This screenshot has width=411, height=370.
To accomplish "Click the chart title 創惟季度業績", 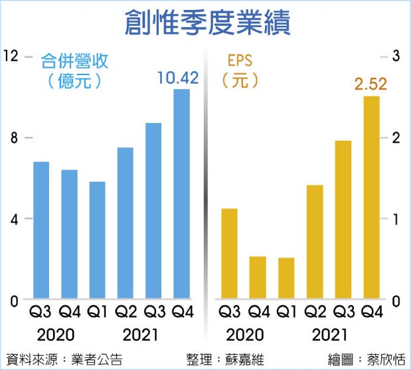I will [x=206, y=22].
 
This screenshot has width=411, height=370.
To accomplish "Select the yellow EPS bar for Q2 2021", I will [x=315, y=242].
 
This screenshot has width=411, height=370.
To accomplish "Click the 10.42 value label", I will [x=178, y=78].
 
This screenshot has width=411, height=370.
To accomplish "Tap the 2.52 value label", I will [x=370, y=85].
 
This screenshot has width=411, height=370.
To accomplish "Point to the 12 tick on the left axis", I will [x=11, y=56].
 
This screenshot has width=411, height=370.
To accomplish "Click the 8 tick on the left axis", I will [x=12, y=138].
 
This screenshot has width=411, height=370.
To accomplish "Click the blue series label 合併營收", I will [x=74, y=62].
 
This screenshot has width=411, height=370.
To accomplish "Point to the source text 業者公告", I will [x=92, y=359].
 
